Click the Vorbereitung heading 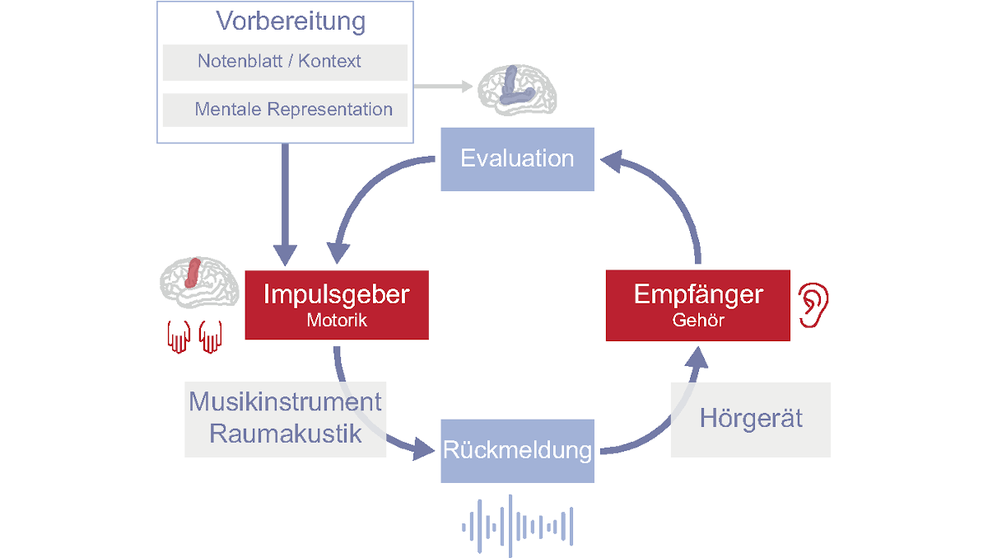[291, 21]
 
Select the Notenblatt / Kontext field [285, 62]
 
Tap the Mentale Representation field [285, 110]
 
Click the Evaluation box [517, 158]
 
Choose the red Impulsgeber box [337, 305]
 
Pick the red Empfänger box [698, 305]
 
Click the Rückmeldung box [517, 451]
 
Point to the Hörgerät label [751, 419]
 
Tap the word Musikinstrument [285, 402]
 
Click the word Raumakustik [285, 434]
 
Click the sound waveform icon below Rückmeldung [517, 525]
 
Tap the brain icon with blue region [518, 88]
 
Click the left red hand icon [178, 336]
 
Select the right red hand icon [211, 336]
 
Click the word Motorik [337, 321]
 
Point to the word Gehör [698, 321]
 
